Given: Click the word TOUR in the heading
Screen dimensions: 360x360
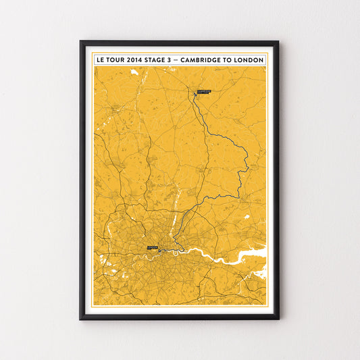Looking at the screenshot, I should point(113,60).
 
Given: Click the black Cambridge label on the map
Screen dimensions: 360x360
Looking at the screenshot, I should point(204,91).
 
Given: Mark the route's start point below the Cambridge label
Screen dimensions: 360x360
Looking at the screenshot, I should point(195,95).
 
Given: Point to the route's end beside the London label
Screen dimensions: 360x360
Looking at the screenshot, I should point(159,251).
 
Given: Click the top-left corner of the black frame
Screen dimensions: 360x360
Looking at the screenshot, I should point(81,42).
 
